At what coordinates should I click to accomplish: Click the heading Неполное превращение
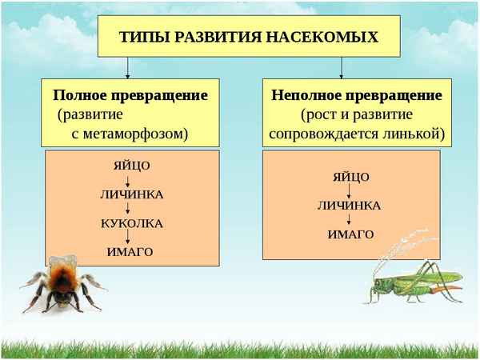(357, 95)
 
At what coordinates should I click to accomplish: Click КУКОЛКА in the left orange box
(131, 223)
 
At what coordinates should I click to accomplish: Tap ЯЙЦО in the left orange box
(131, 166)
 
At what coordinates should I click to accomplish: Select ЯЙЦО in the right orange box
(350, 177)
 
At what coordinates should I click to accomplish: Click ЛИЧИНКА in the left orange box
(131, 194)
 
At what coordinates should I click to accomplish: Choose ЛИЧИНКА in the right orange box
(350, 206)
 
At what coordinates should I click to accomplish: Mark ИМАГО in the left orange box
(130, 252)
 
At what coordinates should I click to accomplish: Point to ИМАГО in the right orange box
(350, 234)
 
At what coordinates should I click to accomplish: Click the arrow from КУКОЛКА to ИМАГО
(129, 238)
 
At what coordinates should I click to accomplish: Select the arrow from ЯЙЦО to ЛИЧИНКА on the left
(129, 180)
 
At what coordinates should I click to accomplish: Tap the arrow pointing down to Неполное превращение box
(342, 67)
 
